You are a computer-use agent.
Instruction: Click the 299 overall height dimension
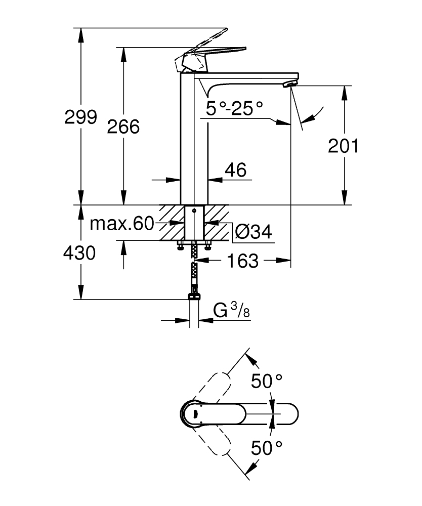pyautogui.click(x=80, y=117)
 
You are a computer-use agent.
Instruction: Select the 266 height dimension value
pyautogui.click(x=123, y=126)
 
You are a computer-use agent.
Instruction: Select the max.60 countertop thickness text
pyautogui.click(x=121, y=224)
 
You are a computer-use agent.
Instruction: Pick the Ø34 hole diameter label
pyautogui.click(x=253, y=232)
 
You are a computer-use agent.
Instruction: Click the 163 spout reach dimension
pyautogui.click(x=243, y=261)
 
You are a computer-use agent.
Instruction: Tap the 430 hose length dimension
pyautogui.click(x=79, y=252)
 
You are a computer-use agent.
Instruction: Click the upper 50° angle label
pyautogui.click(x=267, y=381)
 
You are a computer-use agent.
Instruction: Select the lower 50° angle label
pyautogui.click(x=267, y=447)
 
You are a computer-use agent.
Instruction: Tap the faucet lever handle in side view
pyautogui.click(x=213, y=52)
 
